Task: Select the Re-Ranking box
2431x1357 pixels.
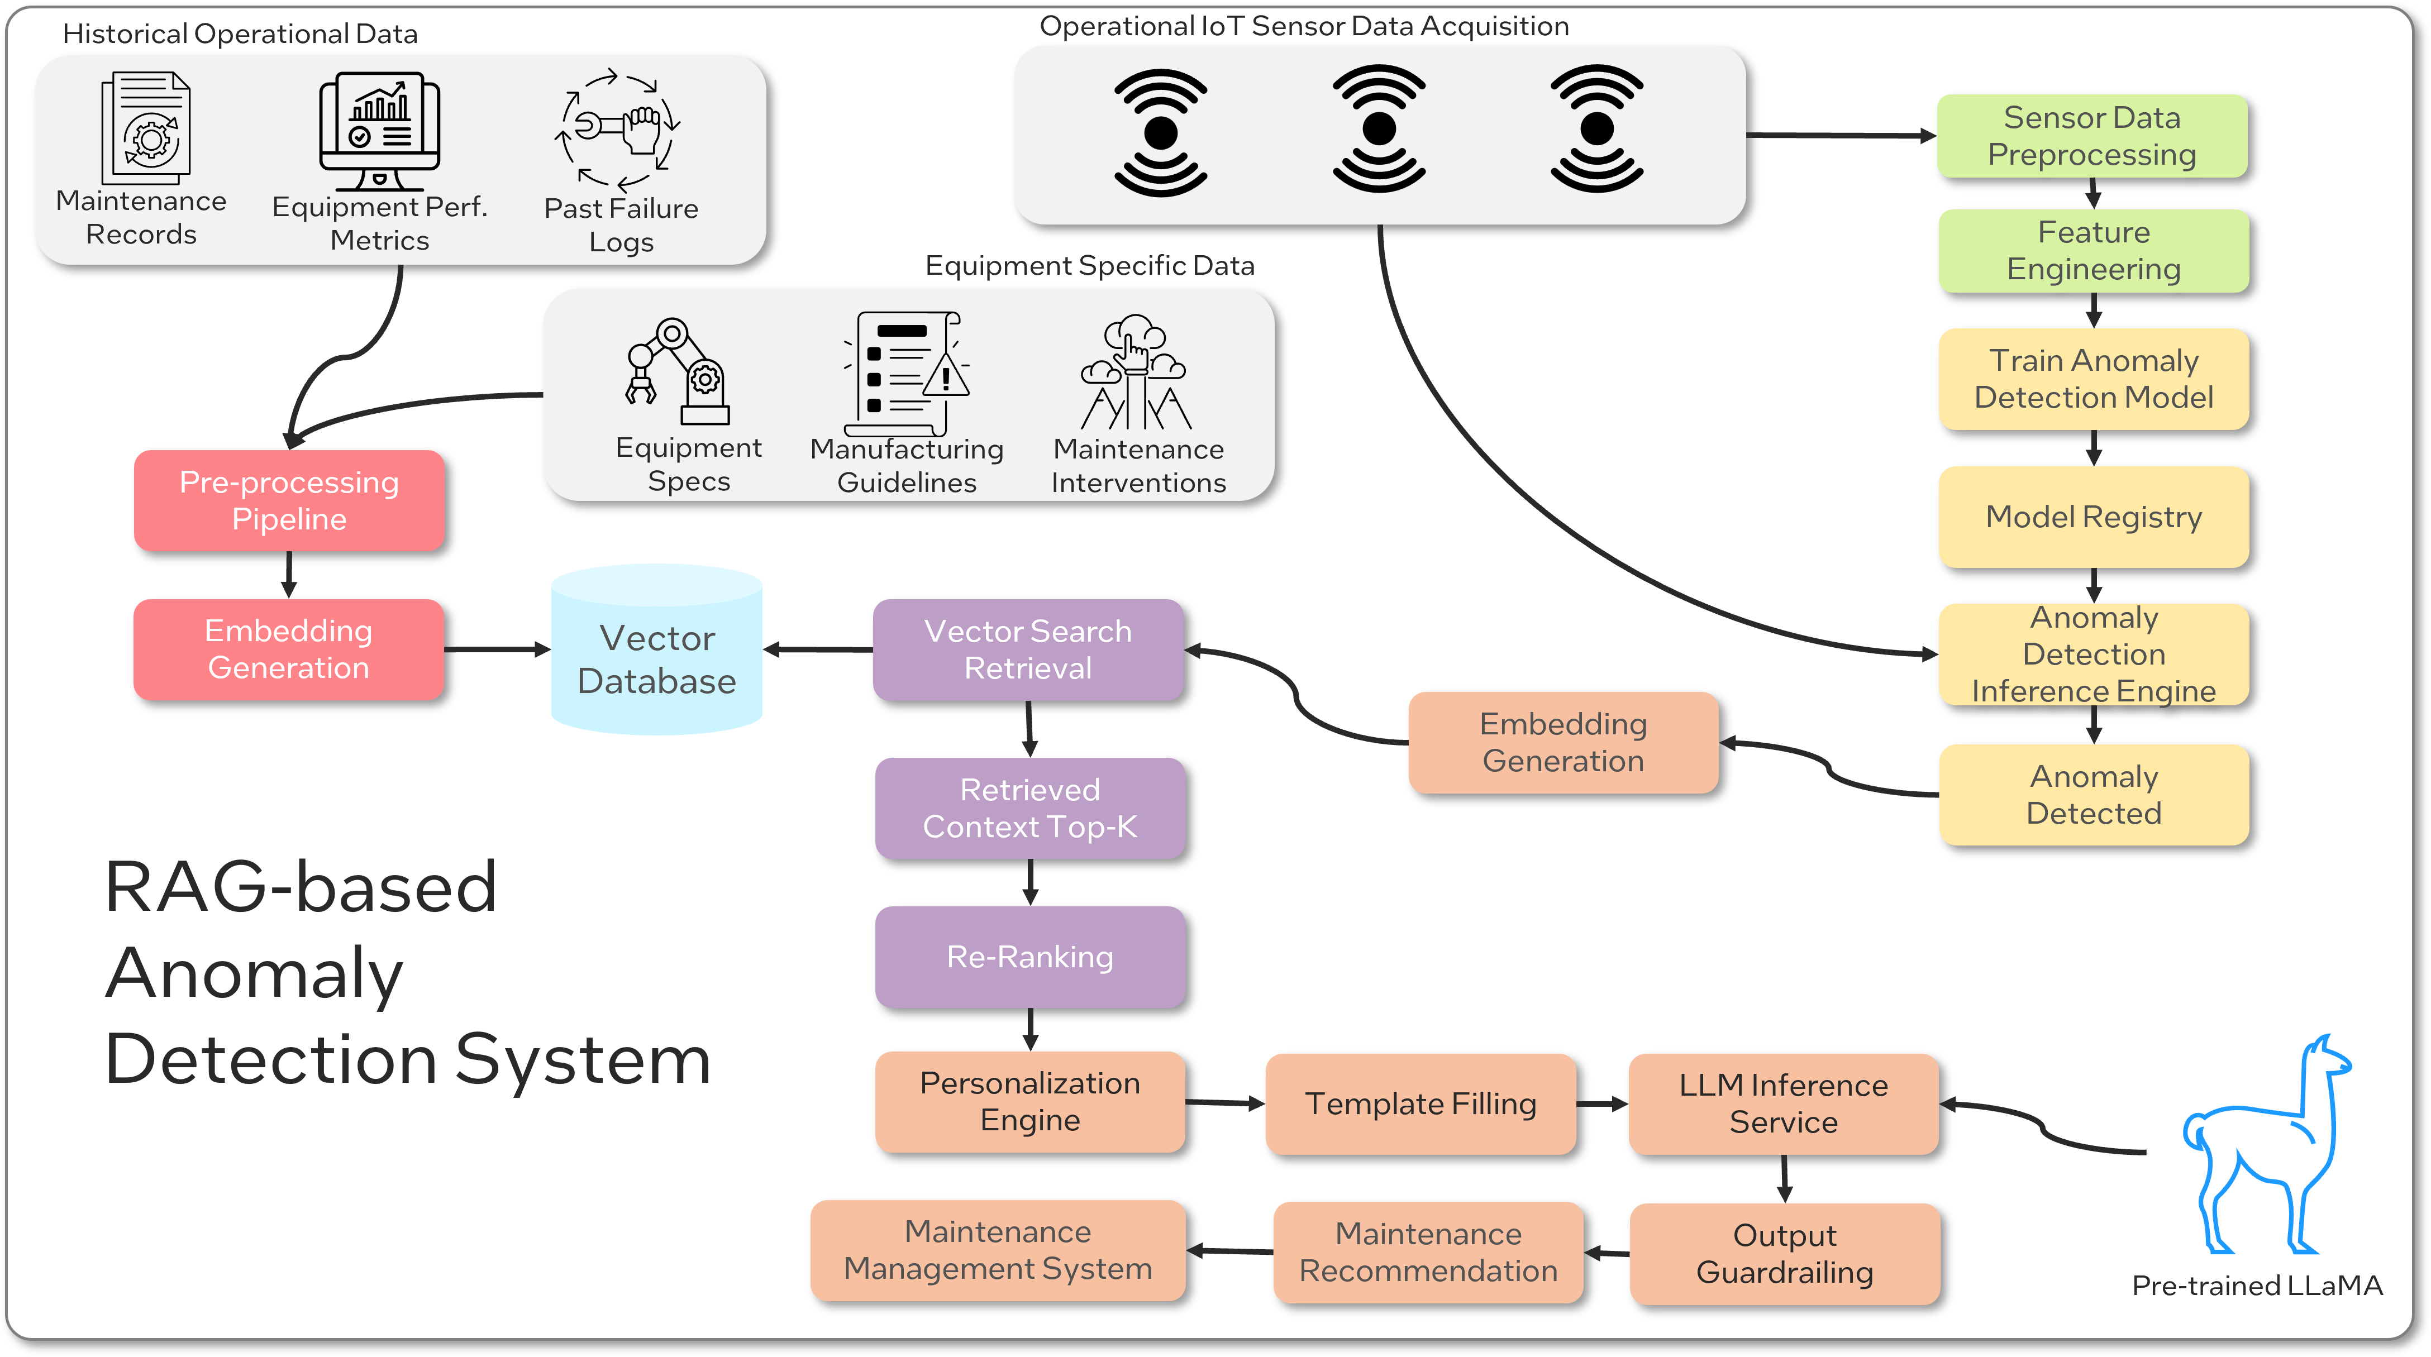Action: [1029, 957]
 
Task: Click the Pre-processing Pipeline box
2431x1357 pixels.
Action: [289, 501]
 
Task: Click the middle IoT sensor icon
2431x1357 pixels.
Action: [1379, 130]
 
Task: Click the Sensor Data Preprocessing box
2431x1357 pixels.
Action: [2091, 136]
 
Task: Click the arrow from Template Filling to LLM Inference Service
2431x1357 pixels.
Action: [1601, 1103]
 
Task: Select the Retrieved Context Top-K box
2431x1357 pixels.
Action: [1029, 809]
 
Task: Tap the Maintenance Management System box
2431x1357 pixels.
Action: [998, 1250]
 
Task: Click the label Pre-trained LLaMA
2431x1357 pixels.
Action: [2256, 1286]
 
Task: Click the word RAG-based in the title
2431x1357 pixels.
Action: [300, 887]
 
